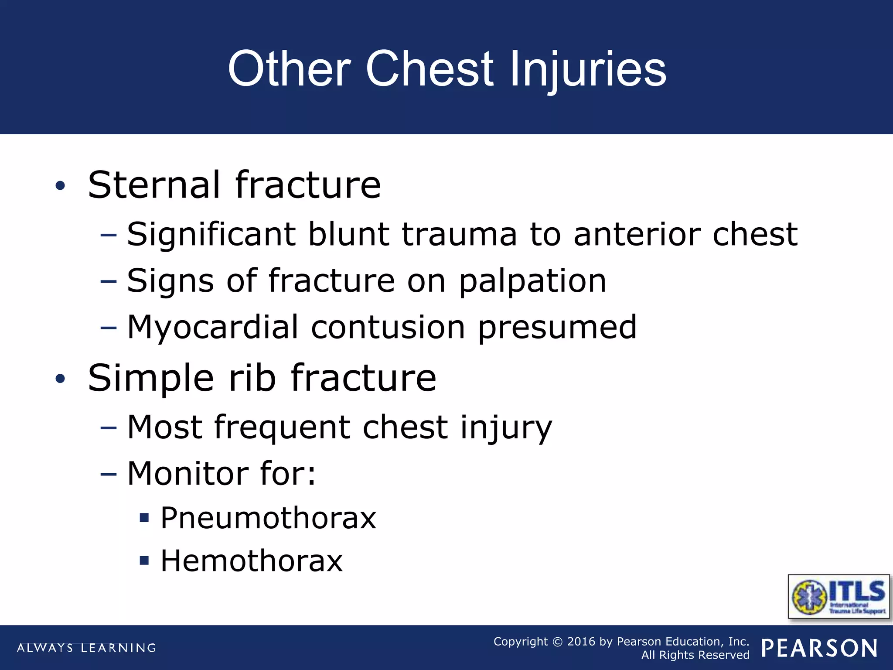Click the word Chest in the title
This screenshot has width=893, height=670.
pos(429,69)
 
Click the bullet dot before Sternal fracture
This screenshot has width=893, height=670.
pos(60,186)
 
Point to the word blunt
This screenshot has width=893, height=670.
pos(348,234)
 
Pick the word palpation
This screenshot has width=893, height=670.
pos(532,281)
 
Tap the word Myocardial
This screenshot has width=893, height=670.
pos(213,328)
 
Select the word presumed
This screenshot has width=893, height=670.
pos(557,328)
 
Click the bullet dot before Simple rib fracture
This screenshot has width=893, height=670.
pos(60,379)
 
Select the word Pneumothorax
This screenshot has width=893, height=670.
pos(268,518)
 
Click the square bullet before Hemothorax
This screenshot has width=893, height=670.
pos(144,560)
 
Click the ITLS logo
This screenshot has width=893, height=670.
pos(838,596)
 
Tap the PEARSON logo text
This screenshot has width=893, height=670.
pos(819,648)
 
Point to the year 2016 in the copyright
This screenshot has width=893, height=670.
pos(581,642)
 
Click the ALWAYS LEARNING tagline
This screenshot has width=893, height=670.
pos(86,648)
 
